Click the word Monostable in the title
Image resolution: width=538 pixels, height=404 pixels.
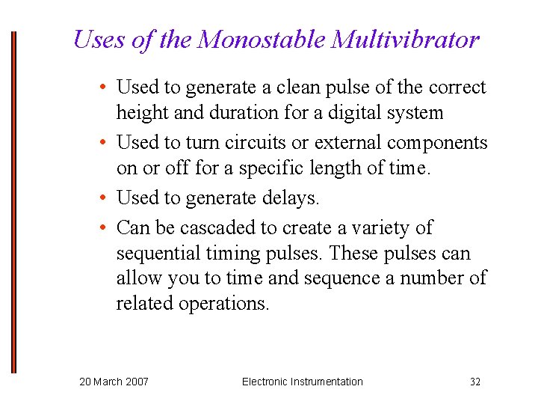(x=262, y=39)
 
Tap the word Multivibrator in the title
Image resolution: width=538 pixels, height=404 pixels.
(x=404, y=39)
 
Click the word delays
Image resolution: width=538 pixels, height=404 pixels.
(x=288, y=198)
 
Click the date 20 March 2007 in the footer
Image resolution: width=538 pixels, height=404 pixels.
(x=114, y=382)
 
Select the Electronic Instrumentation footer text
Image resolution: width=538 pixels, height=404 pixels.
(x=302, y=382)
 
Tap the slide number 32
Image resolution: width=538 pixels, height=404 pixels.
(x=475, y=382)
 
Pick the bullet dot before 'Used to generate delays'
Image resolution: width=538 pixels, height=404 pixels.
(x=105, y=198)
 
